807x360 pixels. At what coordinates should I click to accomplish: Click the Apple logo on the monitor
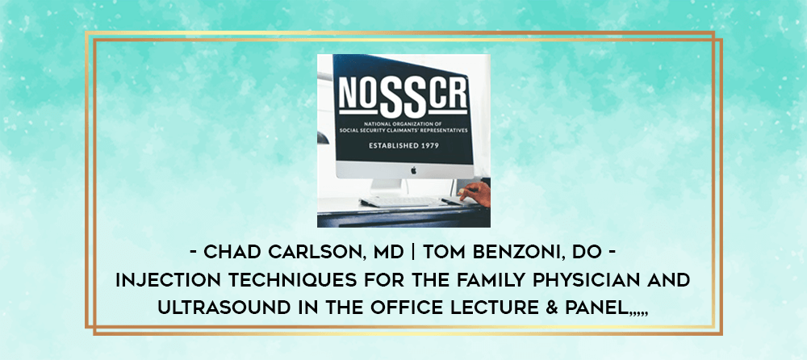pos(413,170)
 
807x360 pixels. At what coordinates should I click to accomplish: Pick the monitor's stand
pos(386,186)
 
